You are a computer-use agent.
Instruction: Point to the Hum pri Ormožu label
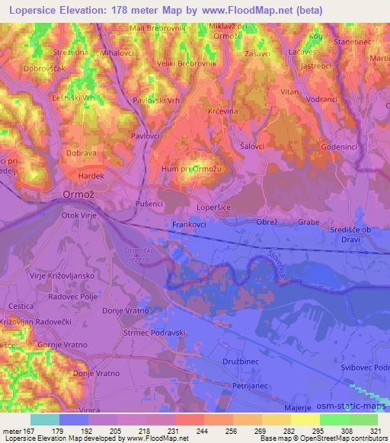tap(191, 169)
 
